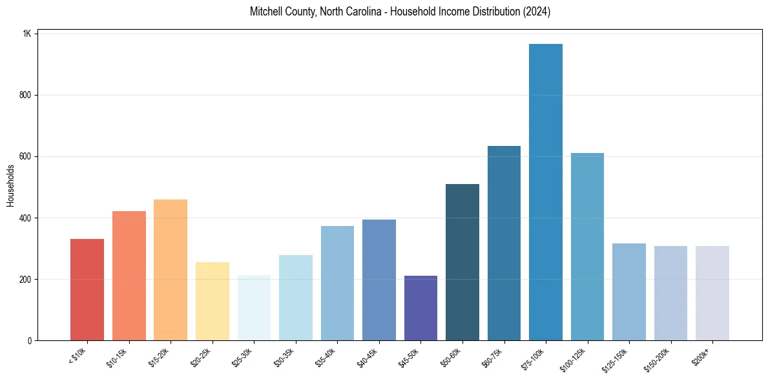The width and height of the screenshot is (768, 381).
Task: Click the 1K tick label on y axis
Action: pyautogui.click(x=27, y=34)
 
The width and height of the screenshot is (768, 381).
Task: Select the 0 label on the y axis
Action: pyautogui.click(x=29, y=340)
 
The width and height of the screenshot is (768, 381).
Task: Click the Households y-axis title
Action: pyautogui.click(x=10, y=185)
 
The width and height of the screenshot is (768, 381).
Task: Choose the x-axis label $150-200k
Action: pyautogui.click(x=658, y=358)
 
